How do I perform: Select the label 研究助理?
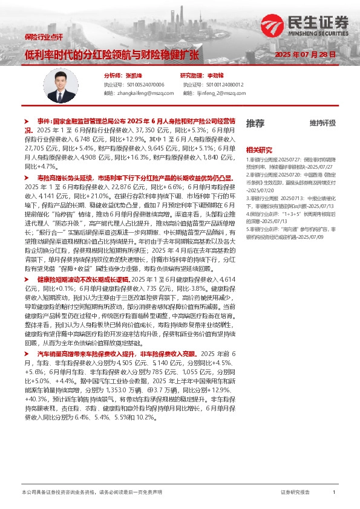[192, 76]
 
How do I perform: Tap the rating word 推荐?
[255, 123]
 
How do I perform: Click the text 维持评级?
[322, 123]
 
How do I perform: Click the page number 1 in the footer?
[334, 493]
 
